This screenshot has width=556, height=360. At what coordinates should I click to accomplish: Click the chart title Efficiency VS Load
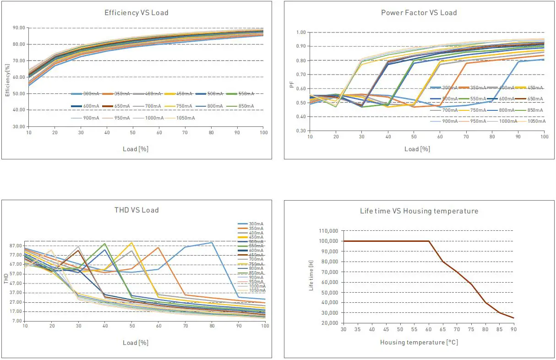tap(136, 13)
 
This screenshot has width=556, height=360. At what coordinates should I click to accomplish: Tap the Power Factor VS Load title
tap(419, 13)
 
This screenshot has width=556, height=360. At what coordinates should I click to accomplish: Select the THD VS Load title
tap(136, 210)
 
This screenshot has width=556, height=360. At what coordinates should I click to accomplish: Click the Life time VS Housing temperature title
tap(419, 211)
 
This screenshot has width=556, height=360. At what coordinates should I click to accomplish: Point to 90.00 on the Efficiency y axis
tap(19, 28)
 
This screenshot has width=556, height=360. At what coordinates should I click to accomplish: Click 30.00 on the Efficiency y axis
tap(19, 126)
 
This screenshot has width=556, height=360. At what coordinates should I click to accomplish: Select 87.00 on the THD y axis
tap(15, 245)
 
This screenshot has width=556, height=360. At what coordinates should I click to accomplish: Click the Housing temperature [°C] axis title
tap(419, 343)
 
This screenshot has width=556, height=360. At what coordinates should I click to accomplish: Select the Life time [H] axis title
tap(311, 276)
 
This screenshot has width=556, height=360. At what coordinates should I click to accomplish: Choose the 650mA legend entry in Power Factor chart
tap(534, 99)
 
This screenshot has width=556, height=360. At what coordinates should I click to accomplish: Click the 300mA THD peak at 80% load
tap(212, 242)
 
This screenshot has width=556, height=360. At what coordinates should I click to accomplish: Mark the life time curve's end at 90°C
tap(513, 318)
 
